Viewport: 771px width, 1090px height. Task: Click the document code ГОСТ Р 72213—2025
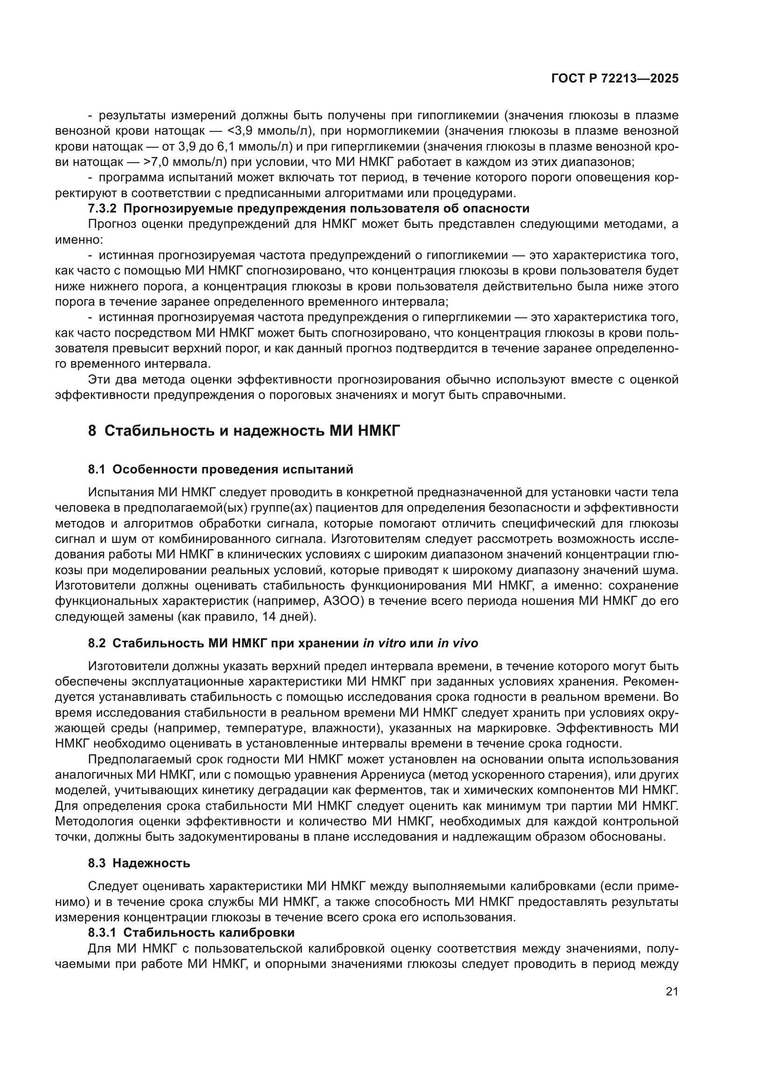click(x=614, y=79)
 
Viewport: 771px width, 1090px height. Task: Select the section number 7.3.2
click(x=103, y=209)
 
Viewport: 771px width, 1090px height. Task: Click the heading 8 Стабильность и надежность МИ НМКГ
click(x=244, y=431)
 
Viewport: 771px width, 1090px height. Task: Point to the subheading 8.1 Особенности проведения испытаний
click(x=220, y=470)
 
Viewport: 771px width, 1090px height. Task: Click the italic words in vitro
click(x=384, y=643)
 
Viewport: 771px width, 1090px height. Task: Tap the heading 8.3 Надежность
click(x=138, y=863)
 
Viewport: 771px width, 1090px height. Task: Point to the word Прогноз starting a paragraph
click(x=112, y=225)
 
